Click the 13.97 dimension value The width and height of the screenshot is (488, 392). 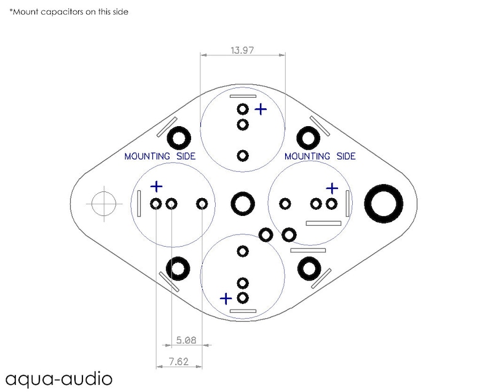(242, 50)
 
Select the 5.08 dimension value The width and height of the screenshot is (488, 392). (186, 340)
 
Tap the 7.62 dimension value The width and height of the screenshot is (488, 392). (179, 361)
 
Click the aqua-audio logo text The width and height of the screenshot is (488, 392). (59, 379)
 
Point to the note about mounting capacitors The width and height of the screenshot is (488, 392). (69, 12)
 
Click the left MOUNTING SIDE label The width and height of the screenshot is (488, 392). (160, 156)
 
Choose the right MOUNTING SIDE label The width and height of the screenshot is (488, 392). (320, 156)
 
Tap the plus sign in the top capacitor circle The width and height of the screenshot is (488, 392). (261, 110)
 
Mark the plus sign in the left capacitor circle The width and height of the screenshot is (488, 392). (156, 186)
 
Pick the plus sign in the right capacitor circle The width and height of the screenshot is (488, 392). (332, 188)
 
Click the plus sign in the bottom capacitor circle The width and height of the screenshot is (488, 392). (226, 299)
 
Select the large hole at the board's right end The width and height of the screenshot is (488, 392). (384, 204)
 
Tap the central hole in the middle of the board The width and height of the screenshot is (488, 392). (243, 204)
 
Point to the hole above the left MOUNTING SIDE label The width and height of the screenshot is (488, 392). (179, 138)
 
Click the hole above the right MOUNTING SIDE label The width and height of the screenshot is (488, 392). (308, 138)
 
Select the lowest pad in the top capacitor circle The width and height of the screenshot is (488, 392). (243, 156)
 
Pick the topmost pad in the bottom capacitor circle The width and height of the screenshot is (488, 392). (243, 251)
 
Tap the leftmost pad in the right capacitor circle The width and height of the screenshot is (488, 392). (285, 204)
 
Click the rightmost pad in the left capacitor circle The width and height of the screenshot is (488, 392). (202, 204)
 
